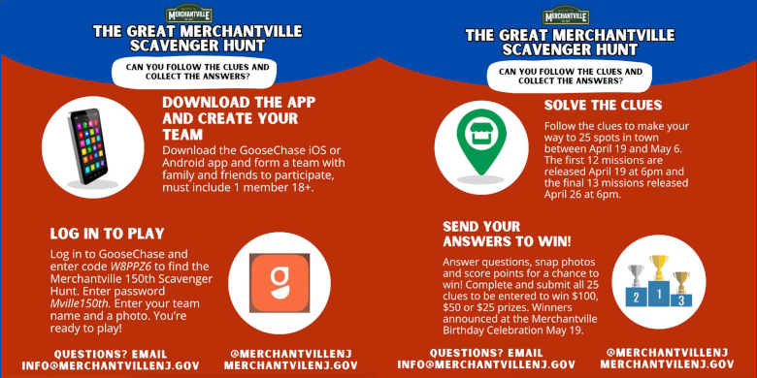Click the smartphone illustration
click(x=89, y=146)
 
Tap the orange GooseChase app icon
click(x=280, y=283)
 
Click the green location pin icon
click(x=481, y=142)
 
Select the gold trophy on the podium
click(x=659, y=268)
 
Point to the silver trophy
click(x=637, y=275)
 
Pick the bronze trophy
click(x=681, y=282)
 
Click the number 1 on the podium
click(x=659, y=292)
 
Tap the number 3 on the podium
click(x=681, y=300)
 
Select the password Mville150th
click(x=81, y=304)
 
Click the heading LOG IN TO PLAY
click(x=107, y=234)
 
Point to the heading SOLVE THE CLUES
click(x=603, y=105)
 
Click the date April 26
click(x=562, y=195)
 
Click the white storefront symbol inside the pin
click(x=481, y=133)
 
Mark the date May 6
click(x=672, y=149)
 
